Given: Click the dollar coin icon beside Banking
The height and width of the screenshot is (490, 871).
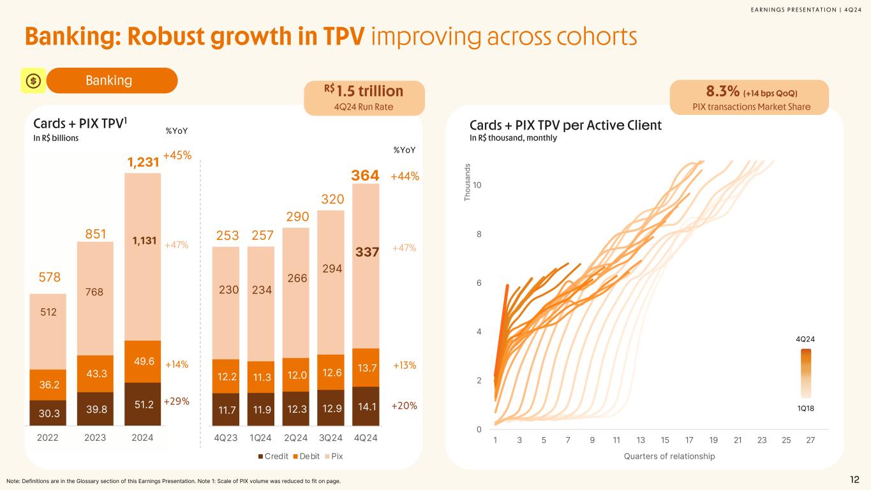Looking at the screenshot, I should [x=33, y=80].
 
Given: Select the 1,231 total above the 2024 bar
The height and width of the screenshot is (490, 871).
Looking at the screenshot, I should [x=142, y=163].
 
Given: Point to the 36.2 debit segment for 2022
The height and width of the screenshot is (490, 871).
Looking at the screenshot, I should [x=48, y=385].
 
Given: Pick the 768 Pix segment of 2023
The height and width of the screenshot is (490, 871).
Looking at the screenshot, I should [x=95, y=292].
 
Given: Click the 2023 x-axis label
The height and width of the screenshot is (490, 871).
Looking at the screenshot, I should [x=95, y=438].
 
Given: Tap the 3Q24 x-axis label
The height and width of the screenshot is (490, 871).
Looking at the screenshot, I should [x=331, y=438].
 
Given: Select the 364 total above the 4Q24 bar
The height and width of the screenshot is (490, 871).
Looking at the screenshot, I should [x=365, y=175].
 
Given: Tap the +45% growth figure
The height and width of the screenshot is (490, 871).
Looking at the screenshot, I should [x=177, y=155].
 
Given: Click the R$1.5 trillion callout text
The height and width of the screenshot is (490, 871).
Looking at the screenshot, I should [x=364, y=91].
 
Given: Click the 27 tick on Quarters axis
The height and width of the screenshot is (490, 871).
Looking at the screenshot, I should [x=810, y=440].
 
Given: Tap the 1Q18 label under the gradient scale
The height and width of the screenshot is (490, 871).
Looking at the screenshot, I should [x=807, y=406].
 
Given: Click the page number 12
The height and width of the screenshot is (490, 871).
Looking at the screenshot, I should [x=854, y=480].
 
